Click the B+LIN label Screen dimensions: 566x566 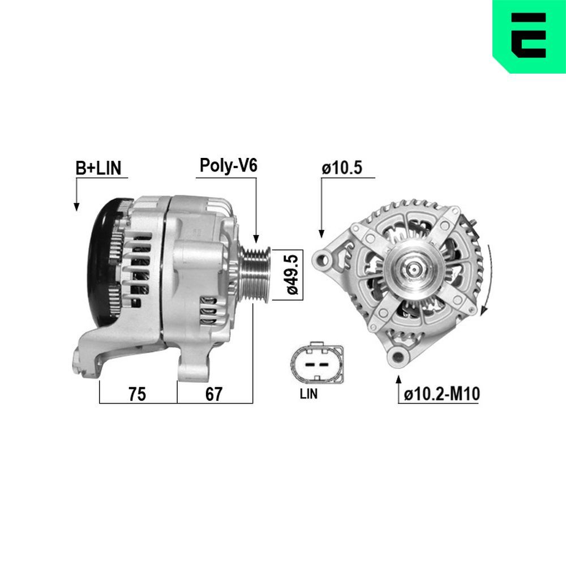click(x=98, y=168)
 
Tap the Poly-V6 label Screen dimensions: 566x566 click(x=228, y=165)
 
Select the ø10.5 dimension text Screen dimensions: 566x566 click(x=342, y=168)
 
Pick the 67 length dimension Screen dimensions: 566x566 click(x=213, y=394)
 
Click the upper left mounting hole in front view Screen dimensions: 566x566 click(x=325, y=259)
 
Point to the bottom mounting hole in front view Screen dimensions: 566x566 click(x=398, y=356)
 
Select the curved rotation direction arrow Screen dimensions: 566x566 click(x=488, y=277)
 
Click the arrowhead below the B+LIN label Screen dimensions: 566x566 click(x=76, y=207)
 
